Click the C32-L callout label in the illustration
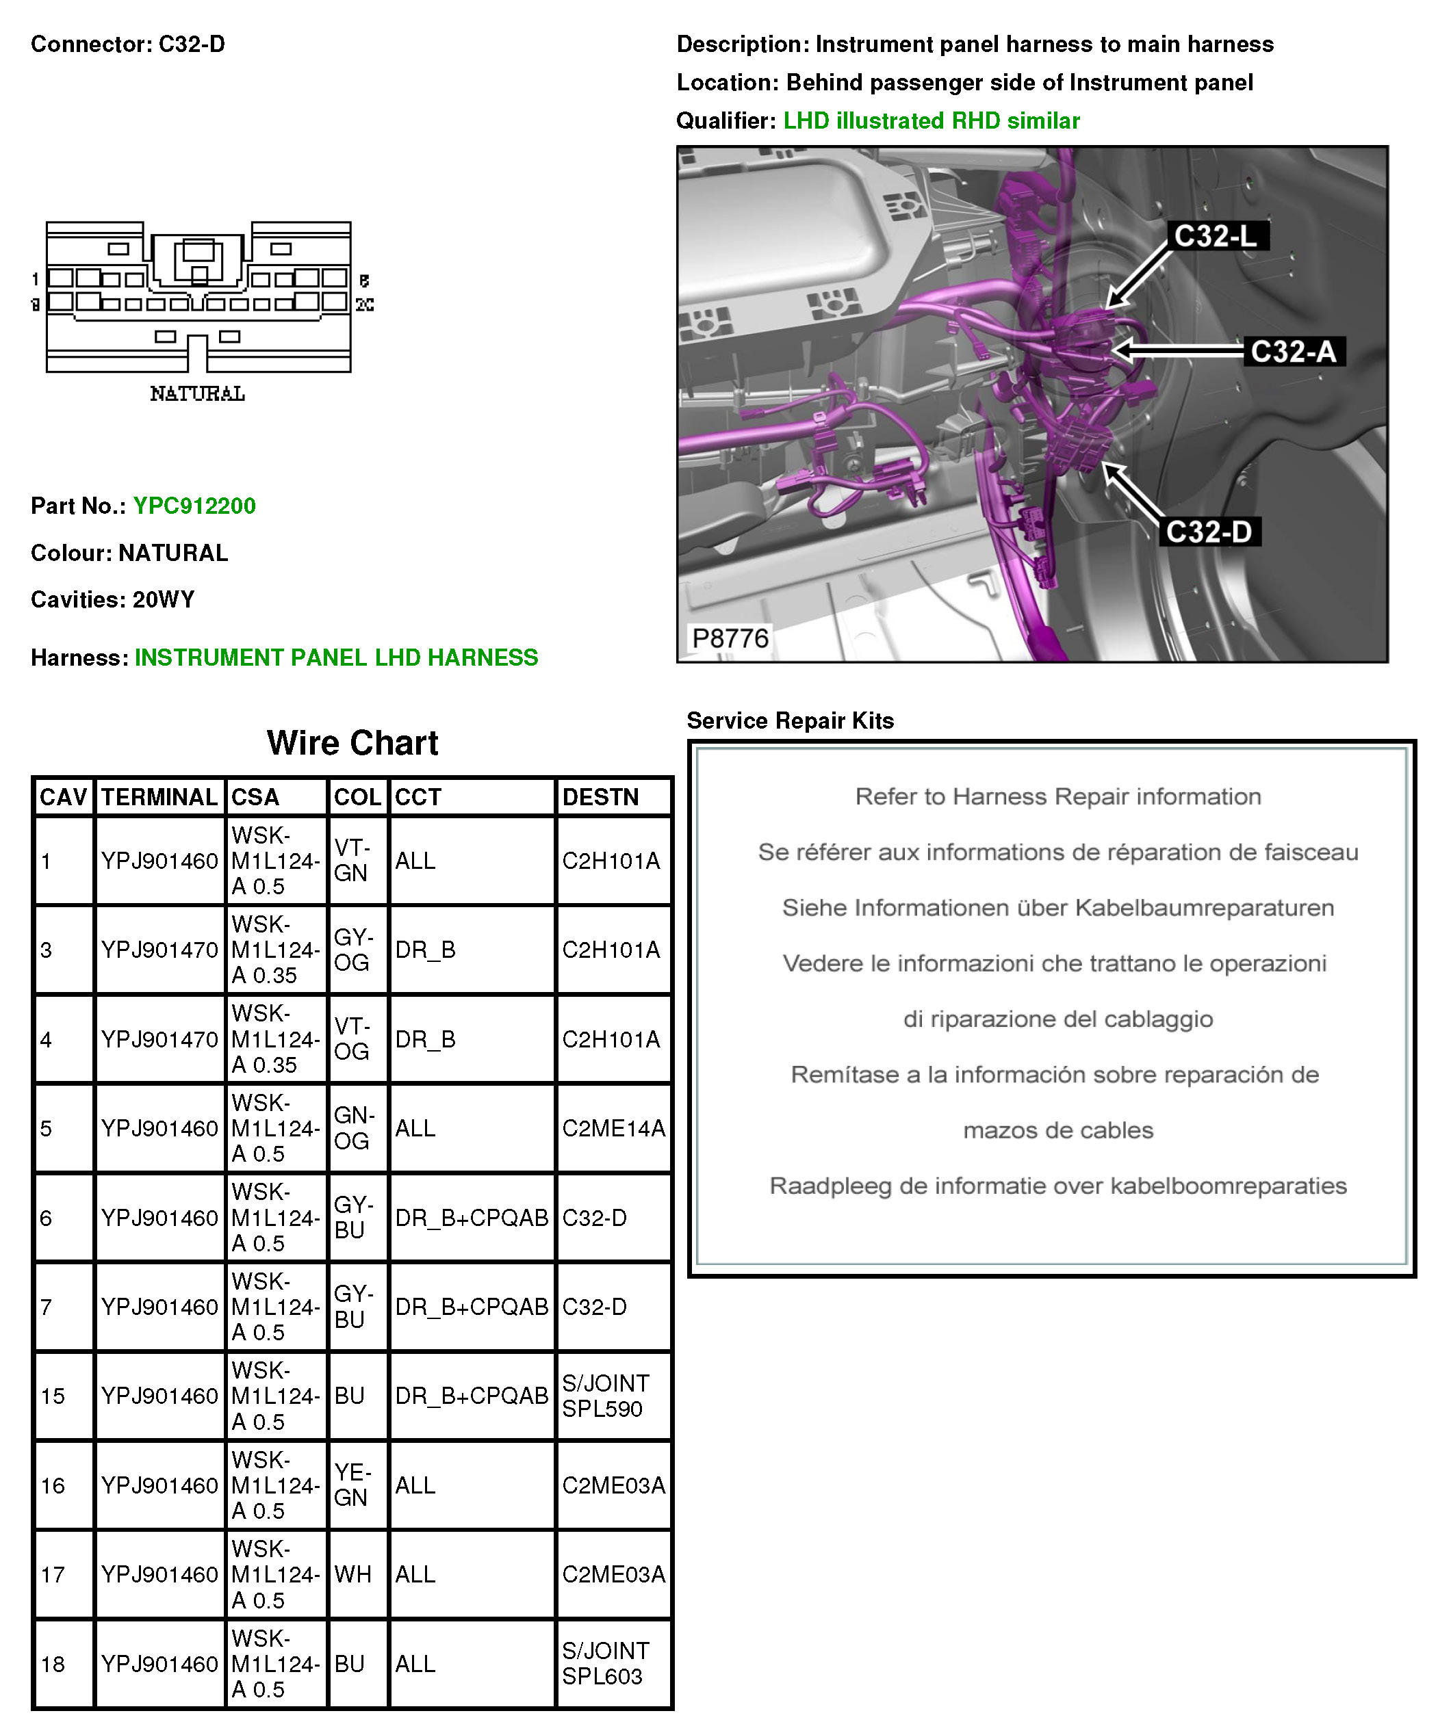[1216, 236]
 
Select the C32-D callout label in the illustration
[1209, 531]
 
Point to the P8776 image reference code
[730, 638]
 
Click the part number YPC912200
[194, 506]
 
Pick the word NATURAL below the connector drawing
[198, 394]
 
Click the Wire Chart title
[352, 743]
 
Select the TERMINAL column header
[159, 797]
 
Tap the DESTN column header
[601, 797]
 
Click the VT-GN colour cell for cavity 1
[352, 860]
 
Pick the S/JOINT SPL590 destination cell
[606, 1396]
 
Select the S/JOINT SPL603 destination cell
[606, 1663]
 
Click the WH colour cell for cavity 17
[353, 1574]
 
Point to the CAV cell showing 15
[53, 1396]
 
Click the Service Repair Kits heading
[790, 720]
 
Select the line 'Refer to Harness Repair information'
[1057, 796]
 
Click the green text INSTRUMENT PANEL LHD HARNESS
[336, 657]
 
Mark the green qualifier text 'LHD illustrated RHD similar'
[932, 120]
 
